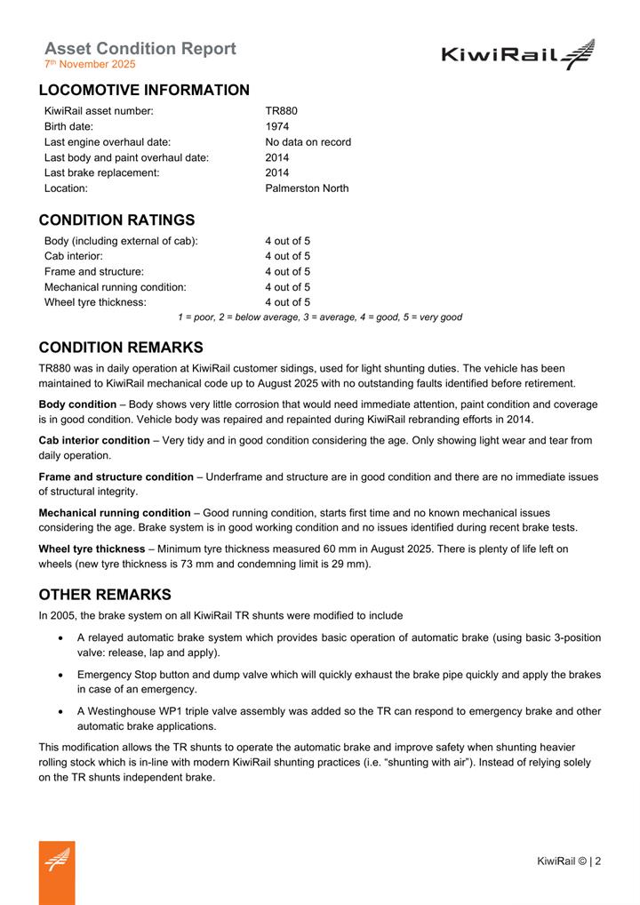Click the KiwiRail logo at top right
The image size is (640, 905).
point(517,55)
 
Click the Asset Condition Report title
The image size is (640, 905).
point(140,48)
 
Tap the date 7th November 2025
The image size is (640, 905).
point(90,64)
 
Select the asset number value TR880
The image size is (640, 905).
point(281,111)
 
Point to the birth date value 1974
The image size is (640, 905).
point(276,126)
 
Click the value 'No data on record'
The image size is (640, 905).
point(308,142)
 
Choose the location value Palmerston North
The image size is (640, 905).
point(307,188)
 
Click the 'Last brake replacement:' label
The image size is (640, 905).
point(102,172)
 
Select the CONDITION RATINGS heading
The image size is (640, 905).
point(116,220)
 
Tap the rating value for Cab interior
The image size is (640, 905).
point(287,256)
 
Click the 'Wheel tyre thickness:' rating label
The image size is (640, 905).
point(95,302)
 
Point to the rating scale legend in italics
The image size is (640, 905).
point(320,317)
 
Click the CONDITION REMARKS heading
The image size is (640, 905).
point(120,348)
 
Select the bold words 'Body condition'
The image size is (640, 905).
point(77,404)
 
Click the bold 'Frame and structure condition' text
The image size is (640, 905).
point(116,477)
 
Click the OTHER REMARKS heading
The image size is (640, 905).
point(105,595)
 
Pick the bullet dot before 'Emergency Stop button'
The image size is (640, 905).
point(60,676)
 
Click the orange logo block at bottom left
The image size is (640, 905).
point(57,872)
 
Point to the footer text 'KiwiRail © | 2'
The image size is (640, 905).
point(569,861)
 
